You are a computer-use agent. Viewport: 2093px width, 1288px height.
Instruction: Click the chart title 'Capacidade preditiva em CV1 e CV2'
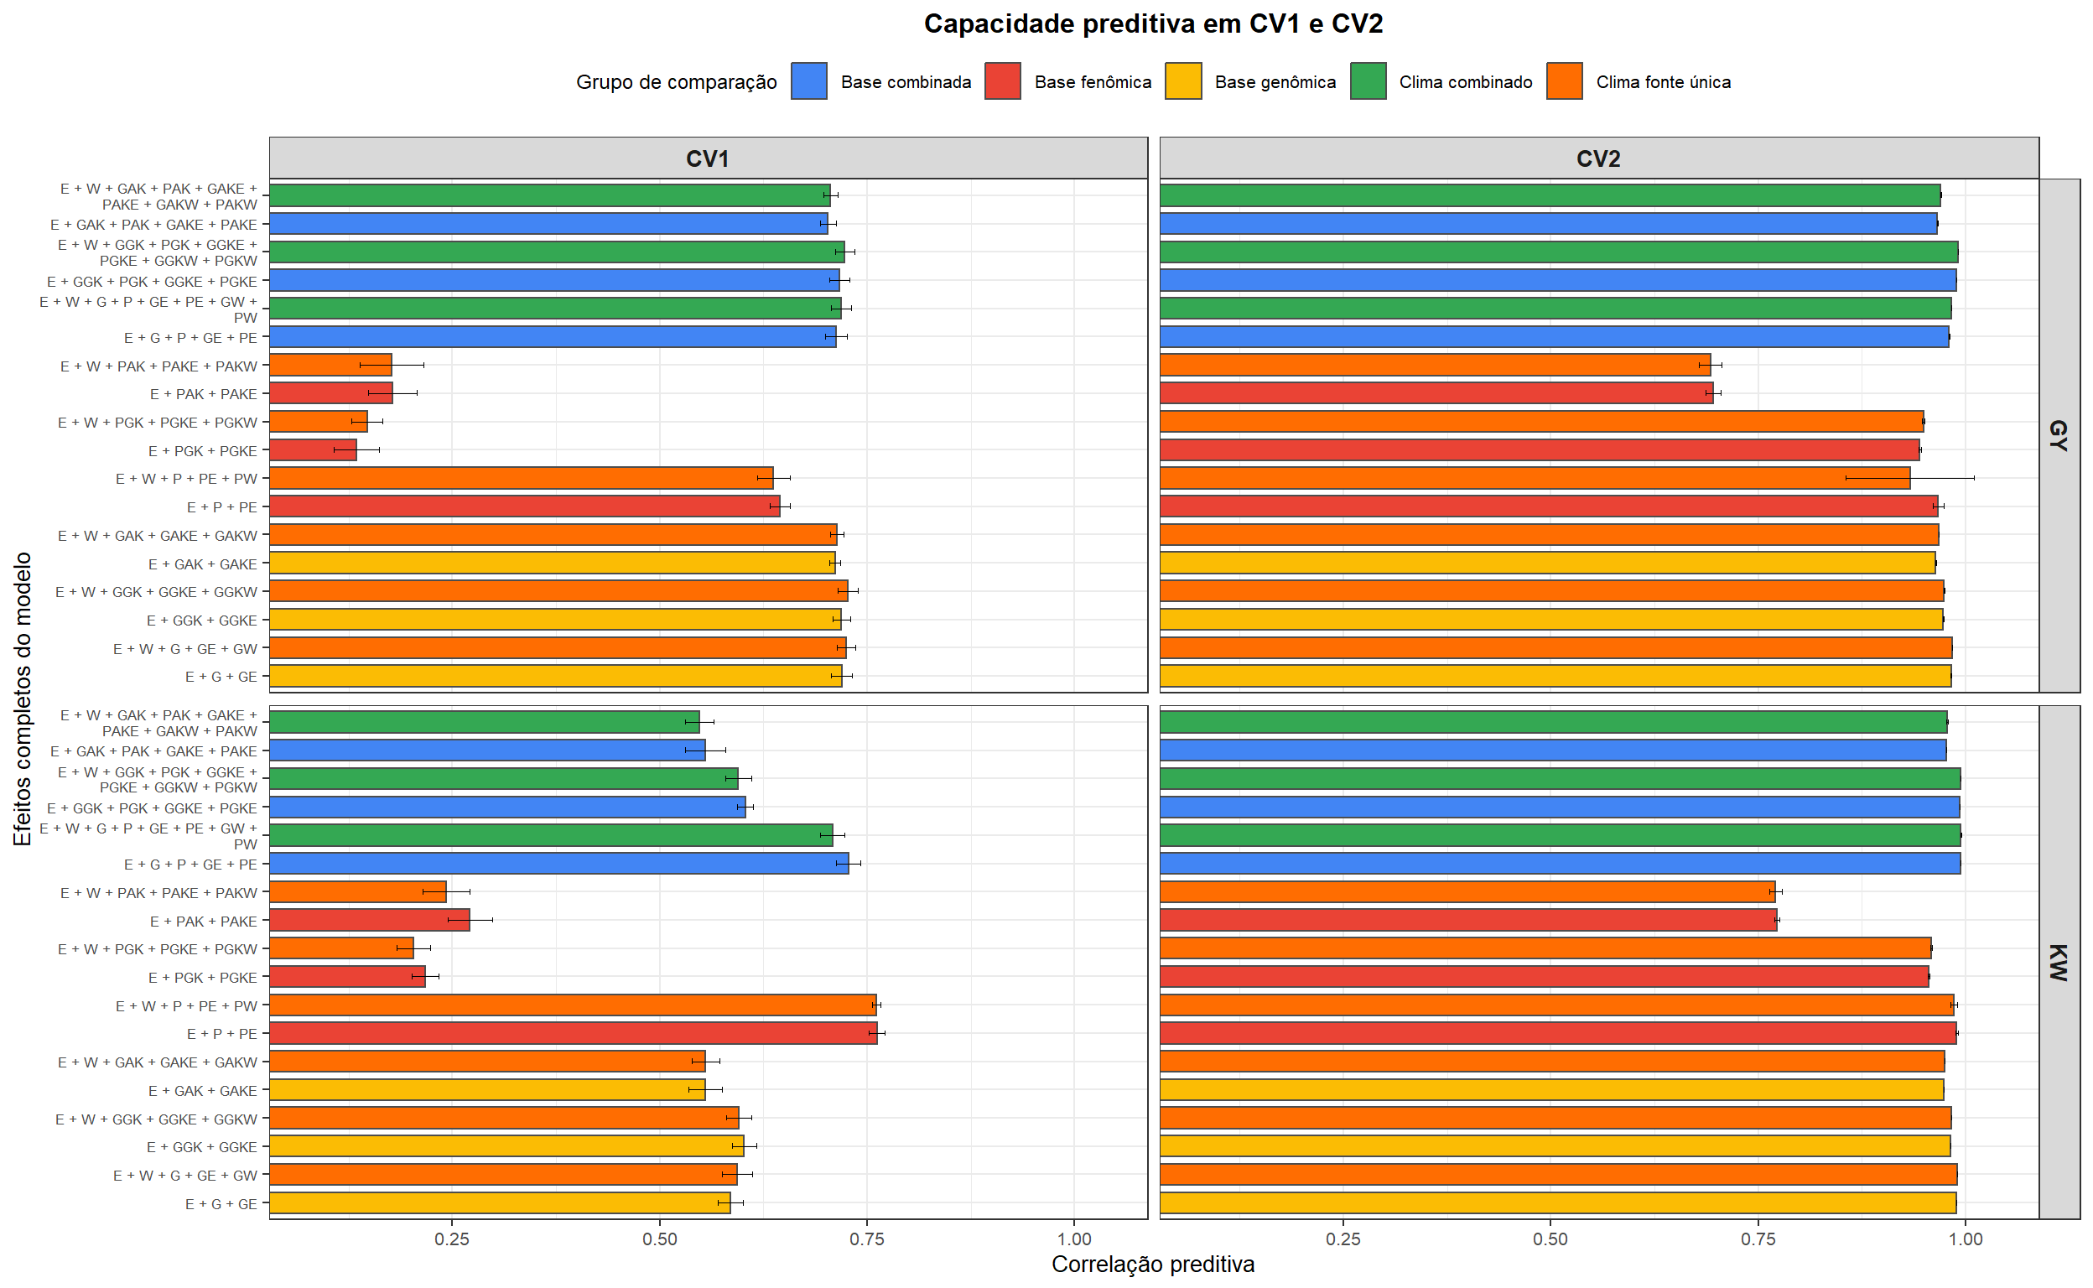pos(1152,23)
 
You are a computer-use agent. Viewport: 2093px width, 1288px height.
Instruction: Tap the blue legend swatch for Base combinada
pos(808,82)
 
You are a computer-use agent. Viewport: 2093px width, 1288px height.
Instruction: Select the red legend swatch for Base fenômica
pos(1002,82)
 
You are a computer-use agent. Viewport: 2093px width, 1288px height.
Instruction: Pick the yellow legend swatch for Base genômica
pos(1182,82)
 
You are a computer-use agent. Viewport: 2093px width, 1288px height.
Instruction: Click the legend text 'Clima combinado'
pos(1464,83)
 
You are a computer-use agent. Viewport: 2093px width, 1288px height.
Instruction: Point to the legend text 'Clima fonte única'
pos(1662,83)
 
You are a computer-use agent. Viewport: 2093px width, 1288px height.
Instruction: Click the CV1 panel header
pos(707,158)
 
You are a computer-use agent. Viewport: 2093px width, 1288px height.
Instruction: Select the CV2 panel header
pos(1597,158)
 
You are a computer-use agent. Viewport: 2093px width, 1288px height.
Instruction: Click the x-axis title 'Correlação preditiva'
pos(1152,1264)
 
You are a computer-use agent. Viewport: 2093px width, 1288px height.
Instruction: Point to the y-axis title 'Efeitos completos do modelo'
pos(23,699)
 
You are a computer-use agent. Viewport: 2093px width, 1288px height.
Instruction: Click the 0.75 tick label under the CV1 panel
pos(866,1239)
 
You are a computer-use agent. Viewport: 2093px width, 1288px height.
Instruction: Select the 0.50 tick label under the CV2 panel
pos(1550,1239)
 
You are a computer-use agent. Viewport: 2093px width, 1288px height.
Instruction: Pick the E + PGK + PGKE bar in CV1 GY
pos(314,449)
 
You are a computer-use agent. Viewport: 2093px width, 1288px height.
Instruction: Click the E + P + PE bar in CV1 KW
pos(573,1033)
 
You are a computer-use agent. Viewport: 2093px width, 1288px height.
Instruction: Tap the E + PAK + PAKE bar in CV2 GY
pos(1436,393)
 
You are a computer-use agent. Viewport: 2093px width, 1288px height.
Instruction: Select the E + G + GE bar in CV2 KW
pos(1557,1202)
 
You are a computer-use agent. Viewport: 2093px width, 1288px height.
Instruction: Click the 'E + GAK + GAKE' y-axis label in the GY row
pos(203,564)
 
